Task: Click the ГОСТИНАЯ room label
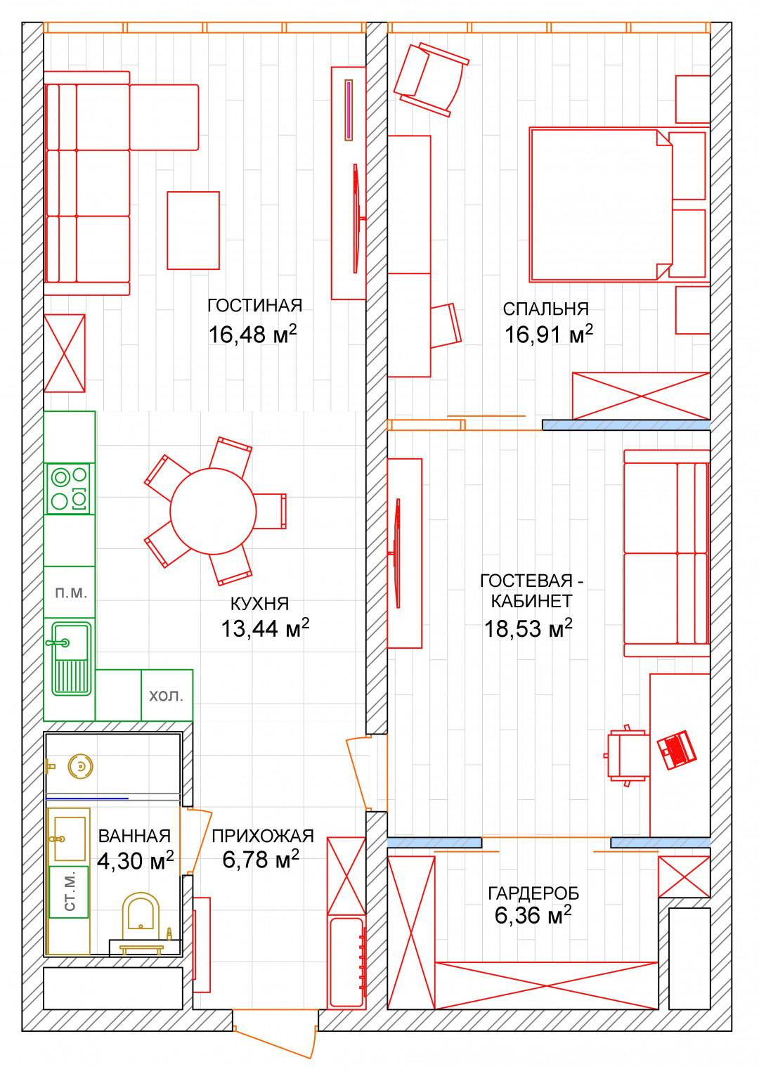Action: pyautogui.click(x=254, y=306)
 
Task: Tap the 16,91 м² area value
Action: pyautogui.click(x=548, y=334)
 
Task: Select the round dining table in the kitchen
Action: pyautogui.click(x=213, y=511)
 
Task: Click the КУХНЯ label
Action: pyautogui.click(x=259, y=603)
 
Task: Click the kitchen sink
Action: pyautogui.click(x=70, y=659)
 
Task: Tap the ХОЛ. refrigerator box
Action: pyautogui.click(x=167, y=694)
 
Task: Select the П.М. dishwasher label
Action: pyautogui.click(x=71, y=593)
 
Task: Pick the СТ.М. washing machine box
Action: pyautogui.click(x=69, y=892)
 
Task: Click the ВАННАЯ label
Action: pyautogui.click(x=134, y=836)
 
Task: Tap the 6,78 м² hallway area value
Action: pyautogui.click(x=260, y=860)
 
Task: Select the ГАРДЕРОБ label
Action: pyautogui.click(x=533, y=894)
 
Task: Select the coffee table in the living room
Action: pyautogui.click(x=193, y=230)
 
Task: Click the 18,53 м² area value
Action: pyautogui.click(x=528, y=629)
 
